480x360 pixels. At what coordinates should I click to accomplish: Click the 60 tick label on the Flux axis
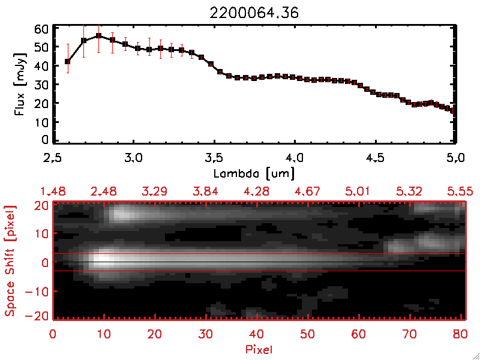[x=41, y=29]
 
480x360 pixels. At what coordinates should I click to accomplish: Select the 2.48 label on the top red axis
[x=104, y=191]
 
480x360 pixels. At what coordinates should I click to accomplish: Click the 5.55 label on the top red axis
[x=461, y=191]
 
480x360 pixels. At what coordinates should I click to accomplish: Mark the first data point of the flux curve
[x=68, y=61]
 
